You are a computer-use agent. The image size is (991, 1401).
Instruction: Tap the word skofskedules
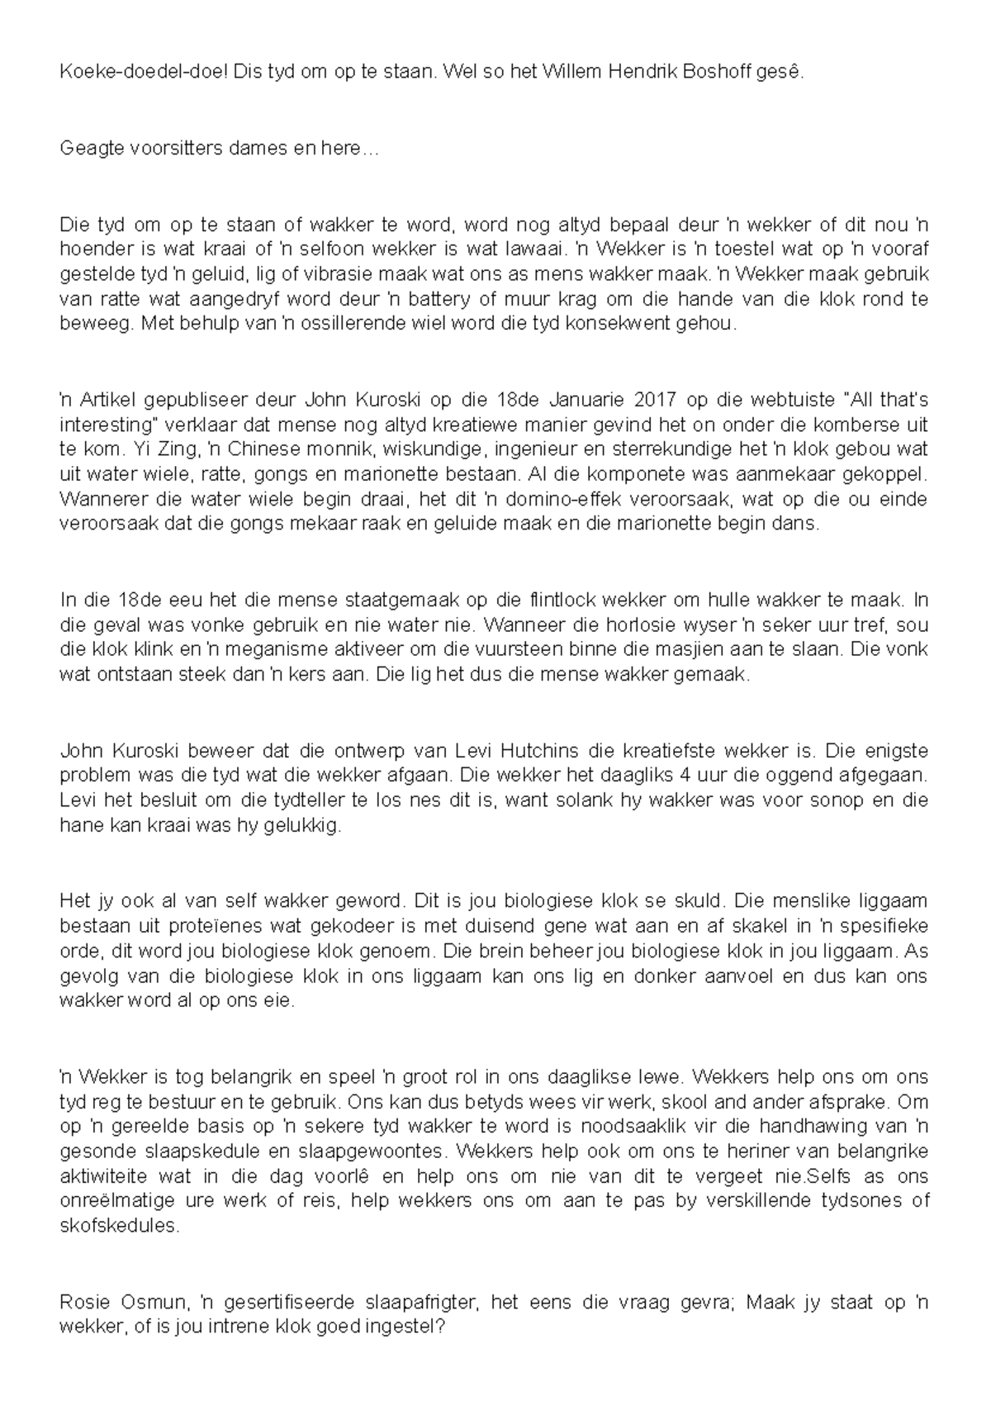pos(119,1226)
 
